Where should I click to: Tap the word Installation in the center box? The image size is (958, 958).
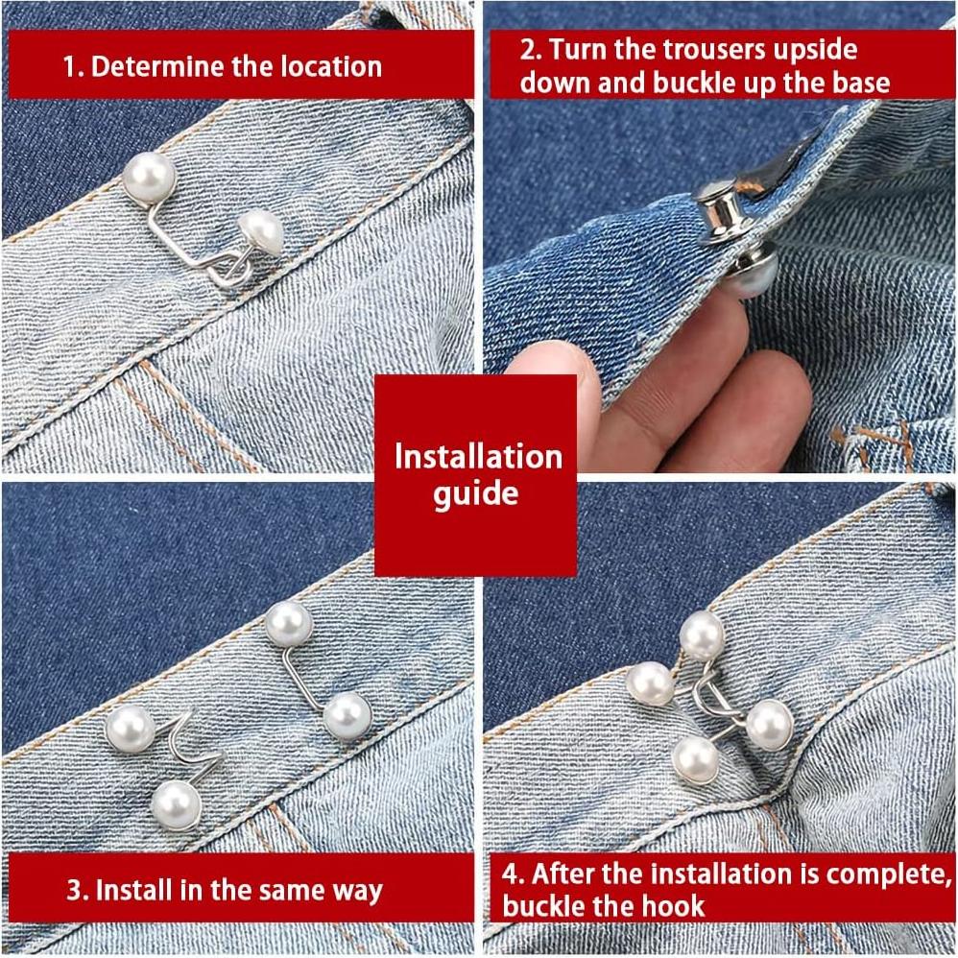478,455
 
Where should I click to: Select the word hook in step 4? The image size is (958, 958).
677,905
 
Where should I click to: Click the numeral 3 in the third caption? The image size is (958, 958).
74,890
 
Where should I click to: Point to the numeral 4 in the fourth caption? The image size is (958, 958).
510,874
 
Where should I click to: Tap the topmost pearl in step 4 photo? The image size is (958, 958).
702,635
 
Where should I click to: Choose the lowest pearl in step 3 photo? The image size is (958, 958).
176,802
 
